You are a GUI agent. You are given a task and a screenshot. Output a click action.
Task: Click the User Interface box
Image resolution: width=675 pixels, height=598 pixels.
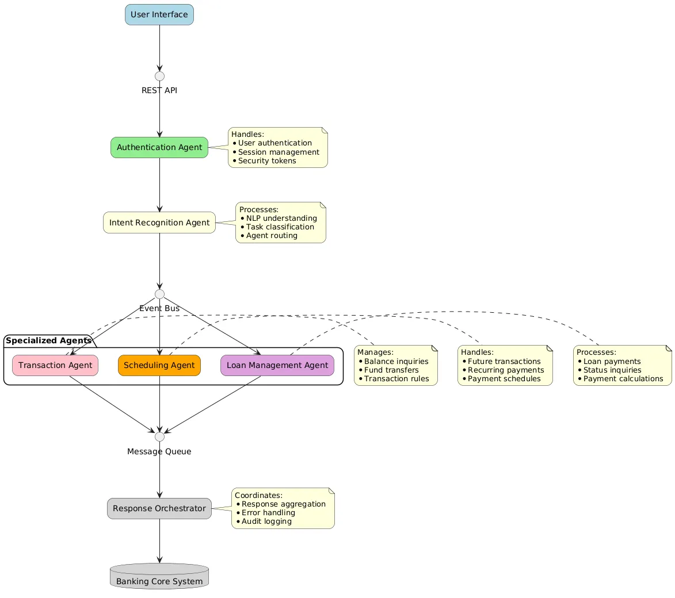pos(159,14)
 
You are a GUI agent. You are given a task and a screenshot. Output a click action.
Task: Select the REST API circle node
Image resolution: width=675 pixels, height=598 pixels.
pos(159,76)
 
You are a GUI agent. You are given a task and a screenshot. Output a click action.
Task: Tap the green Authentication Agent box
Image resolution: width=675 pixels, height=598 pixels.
pos(159,147)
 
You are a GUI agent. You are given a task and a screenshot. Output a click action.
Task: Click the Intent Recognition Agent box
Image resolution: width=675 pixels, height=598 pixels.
pos(159,223)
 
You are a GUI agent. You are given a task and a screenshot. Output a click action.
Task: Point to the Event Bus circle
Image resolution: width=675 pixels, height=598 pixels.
pos(159,294)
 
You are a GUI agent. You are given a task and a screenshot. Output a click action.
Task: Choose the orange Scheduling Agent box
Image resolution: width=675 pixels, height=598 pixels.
pos(159,365)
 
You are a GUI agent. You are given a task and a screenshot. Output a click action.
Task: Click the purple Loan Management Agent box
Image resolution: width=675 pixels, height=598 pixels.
pos(277,365)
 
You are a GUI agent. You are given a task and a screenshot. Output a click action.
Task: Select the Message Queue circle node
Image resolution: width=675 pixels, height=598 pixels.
pos(159,437)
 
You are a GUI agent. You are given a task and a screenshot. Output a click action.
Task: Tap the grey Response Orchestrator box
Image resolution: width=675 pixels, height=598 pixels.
pos(159,508)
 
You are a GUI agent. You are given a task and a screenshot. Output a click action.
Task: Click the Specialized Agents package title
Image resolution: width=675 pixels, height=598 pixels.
pos(49,340)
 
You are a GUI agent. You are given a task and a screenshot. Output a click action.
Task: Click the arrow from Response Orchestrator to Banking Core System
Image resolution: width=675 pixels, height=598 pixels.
pos(159,540)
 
